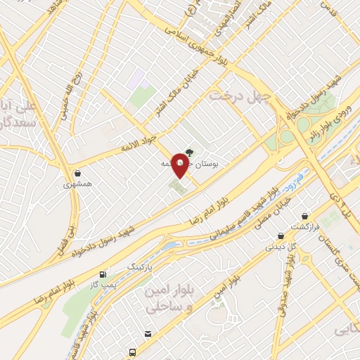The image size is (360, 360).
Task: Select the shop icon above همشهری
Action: point(76,173)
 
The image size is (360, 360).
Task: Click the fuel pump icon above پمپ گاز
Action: point(104,274)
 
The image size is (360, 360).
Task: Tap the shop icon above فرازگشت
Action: point(304,217)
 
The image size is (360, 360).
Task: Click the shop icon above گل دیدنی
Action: point(281,236)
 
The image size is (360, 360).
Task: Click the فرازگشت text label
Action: point(306,227)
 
